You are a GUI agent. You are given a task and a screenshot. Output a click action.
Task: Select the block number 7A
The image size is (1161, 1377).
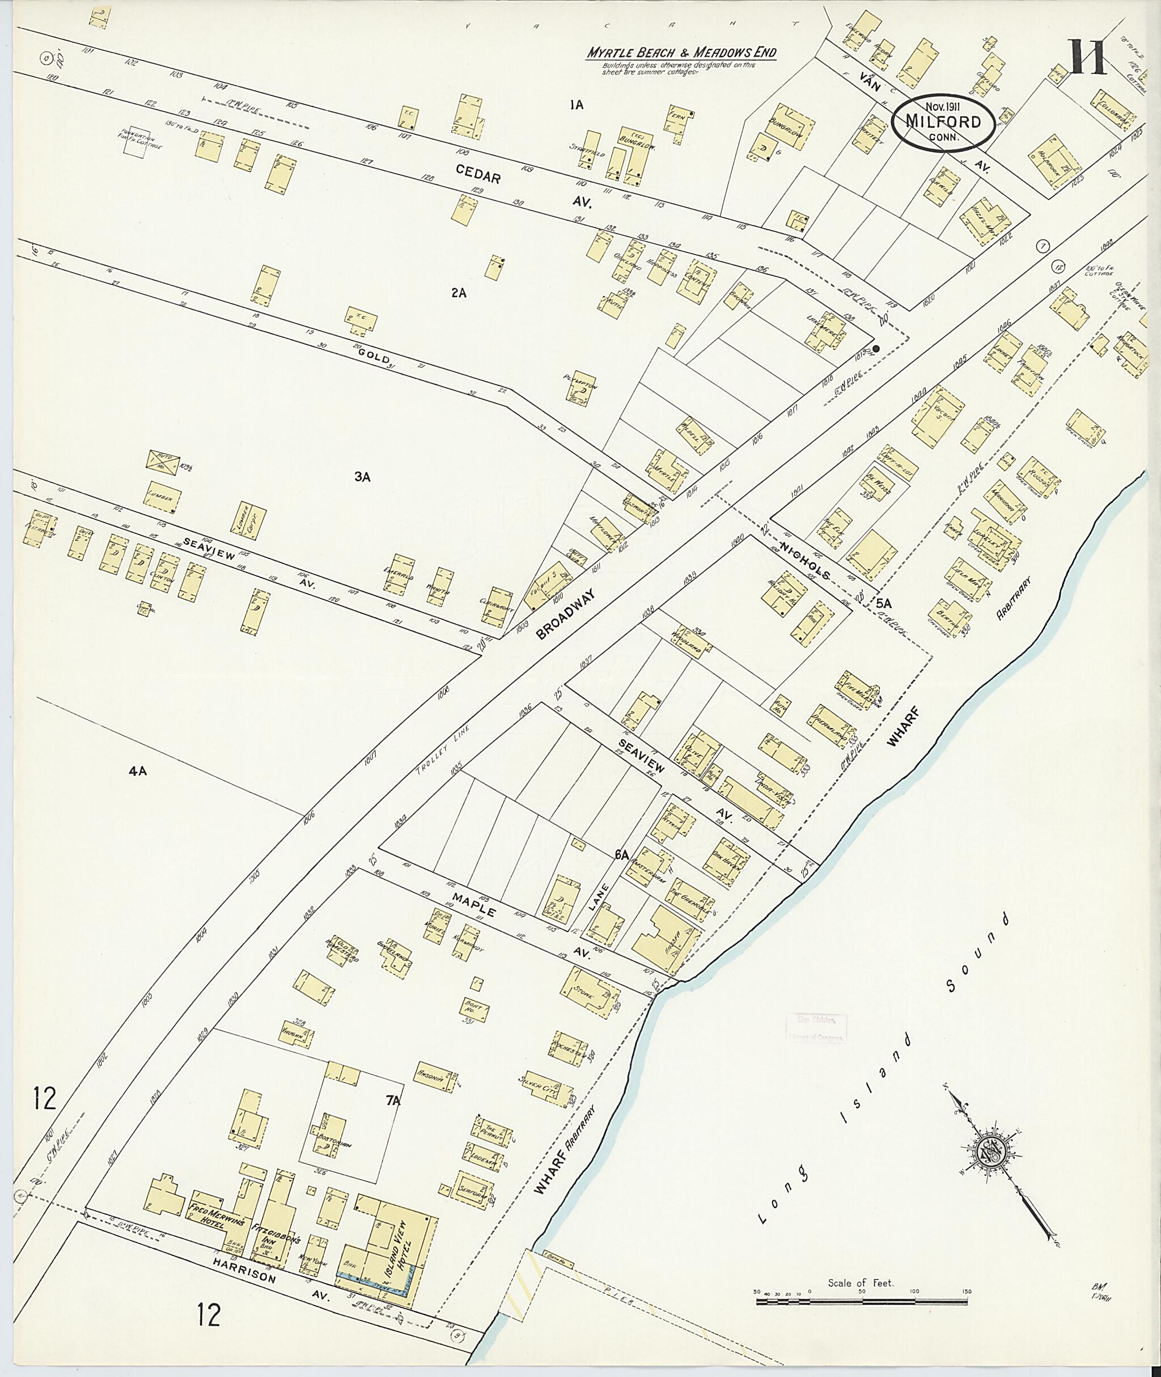pyautogui.click(x=393, y=1100)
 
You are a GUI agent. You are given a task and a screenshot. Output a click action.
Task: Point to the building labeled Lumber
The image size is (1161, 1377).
pyautogui.click(x=160, y=499)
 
